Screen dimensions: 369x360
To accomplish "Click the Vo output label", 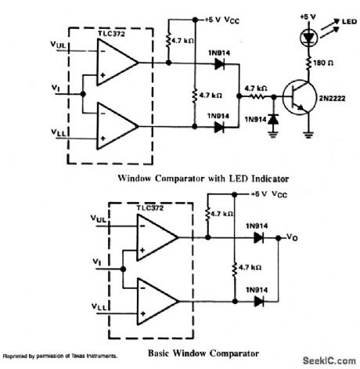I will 293,235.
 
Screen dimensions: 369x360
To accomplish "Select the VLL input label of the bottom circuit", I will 102,305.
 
